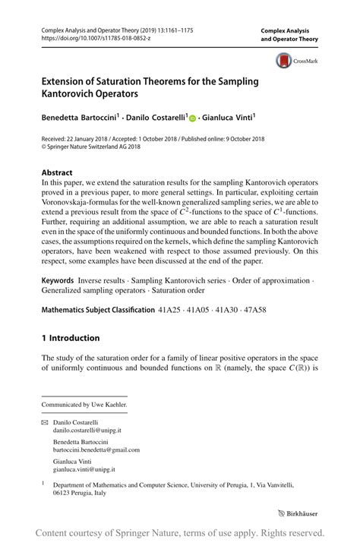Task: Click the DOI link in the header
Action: [x=87, y=35]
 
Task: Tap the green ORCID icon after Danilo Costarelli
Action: [x=193, y=118]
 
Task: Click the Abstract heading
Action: [x=58, y=172]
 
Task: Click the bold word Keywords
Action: [x=62, y=280]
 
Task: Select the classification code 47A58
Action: [x=271, y=311]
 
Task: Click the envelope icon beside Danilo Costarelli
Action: [x=44, y=420]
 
